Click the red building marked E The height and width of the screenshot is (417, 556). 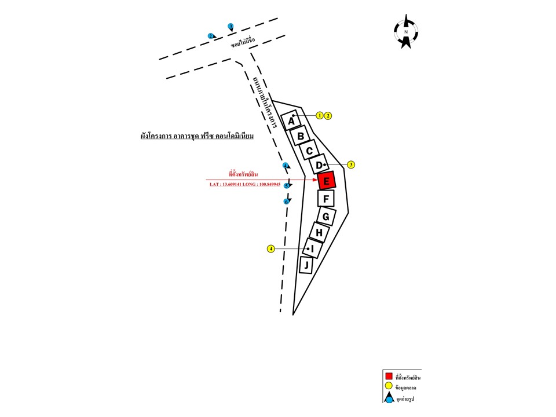(327, 181)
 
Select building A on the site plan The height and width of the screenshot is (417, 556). (291, 120)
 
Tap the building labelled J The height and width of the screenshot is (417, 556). (306, 266)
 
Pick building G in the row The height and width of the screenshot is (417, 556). (326, 217)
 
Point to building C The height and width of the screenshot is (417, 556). (309, 151)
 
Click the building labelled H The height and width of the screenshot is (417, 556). (319, 232)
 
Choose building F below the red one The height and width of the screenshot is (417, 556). (326, 199)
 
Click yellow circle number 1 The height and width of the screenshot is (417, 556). (320, 115)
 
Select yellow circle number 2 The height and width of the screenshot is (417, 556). (328, 115)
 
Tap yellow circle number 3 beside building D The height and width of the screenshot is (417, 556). (351, 164)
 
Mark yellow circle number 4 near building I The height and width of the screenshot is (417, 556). (270, 248)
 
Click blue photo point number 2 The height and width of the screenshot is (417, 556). (211, 36)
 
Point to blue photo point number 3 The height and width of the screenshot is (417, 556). (231, 26)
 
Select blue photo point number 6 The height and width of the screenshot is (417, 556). (286, 202)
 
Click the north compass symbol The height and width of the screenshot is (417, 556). (406, 32)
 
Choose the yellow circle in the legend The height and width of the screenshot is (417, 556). (389, 387)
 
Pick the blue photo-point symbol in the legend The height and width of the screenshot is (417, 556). (389, 398)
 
